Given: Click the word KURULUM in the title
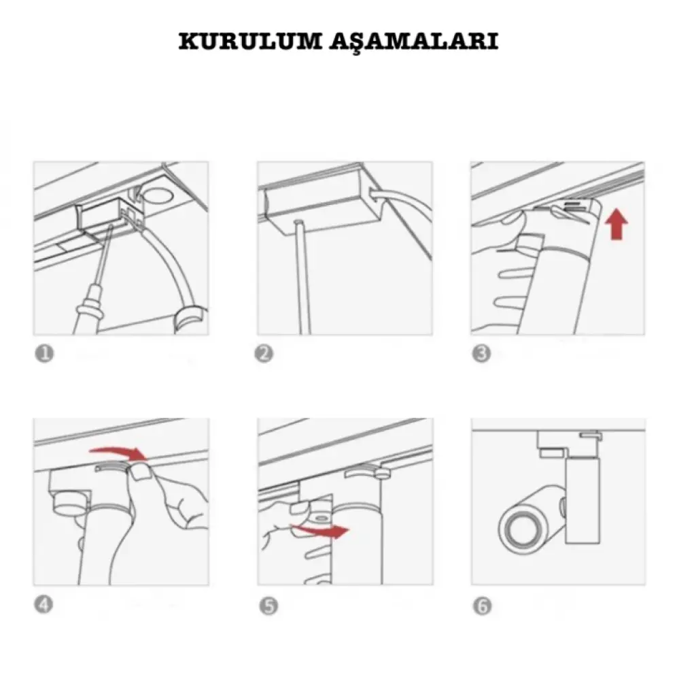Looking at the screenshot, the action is pyautogui.click(x=251, y=41).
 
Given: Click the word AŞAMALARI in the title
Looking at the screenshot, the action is pyautogui.click(x=414, y=42).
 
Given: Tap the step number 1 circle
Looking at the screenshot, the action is pyautogui.click(x=44, y=354).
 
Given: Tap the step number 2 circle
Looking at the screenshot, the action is pyautogui.click(x=264, y=354).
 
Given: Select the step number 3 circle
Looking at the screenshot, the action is pyautogui.click(x=482, y=354).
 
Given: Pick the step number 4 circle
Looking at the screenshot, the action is pyautogui.click(x=43, y=604).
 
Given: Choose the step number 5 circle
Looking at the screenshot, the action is pyautogui.click(x=268, y=606).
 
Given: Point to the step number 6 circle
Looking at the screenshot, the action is pyautogui.click(x=483, y=606).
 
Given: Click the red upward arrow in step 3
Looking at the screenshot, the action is pyautogui.click(x=616, y=225).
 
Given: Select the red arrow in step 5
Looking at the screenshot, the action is pyautogui.click(x=321, y=530).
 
